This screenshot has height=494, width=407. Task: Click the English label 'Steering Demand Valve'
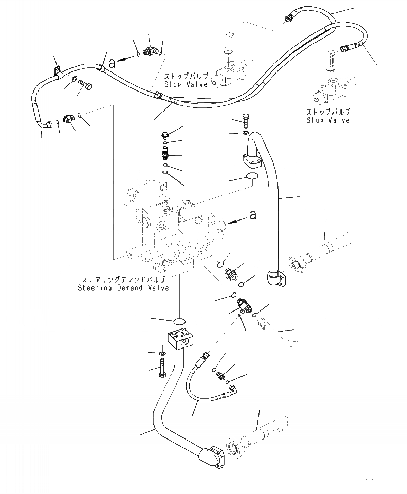click(x=123, y=288)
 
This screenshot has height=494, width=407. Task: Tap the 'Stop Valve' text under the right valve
click(x=328, y=120)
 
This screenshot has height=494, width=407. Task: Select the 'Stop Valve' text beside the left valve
click(x=186, y=84)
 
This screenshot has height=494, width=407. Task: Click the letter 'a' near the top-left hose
click(x=112, y=63)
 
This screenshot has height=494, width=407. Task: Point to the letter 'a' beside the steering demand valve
click(x=252, y=216)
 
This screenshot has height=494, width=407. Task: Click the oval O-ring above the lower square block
click(x=178, y=322)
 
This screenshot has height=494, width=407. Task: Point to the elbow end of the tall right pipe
click(x=276, y=280)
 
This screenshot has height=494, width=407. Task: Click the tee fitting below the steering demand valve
click(x=243, y=307)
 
